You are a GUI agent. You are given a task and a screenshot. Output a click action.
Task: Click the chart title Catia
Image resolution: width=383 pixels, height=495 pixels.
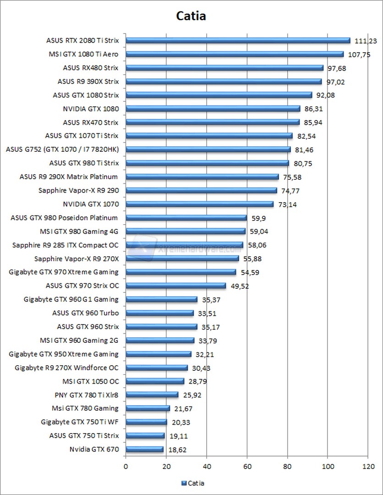191,16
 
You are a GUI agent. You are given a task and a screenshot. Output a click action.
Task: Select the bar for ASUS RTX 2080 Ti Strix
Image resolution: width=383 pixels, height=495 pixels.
238,40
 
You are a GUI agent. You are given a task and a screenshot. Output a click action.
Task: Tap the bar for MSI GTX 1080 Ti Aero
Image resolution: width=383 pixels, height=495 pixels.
234,54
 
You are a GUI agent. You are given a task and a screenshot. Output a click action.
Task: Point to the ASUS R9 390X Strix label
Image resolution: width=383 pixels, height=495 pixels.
88,82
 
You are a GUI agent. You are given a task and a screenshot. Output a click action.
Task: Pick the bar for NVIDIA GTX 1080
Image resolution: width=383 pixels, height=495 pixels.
213,109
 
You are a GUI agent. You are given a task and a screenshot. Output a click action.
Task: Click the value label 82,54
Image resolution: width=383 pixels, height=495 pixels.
306,136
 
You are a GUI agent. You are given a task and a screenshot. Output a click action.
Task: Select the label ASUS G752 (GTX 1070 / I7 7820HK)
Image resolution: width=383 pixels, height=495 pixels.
62,149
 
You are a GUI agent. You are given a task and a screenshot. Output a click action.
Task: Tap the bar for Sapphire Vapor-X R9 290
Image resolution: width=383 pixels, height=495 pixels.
201,190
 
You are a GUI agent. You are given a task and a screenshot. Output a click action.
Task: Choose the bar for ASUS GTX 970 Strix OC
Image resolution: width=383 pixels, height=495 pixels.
175,286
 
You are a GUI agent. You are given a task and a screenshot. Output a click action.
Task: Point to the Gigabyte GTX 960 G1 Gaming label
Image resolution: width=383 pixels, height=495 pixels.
71,299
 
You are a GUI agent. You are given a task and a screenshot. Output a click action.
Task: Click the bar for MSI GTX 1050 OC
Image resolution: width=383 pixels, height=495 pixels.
155,381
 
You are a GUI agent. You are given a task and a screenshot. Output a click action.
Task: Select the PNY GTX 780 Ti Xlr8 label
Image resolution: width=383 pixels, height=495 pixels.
86,395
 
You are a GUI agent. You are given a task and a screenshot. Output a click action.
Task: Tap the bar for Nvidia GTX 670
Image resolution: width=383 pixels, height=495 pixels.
144,449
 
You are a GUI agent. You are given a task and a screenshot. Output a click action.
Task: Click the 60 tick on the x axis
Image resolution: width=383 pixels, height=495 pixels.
247,467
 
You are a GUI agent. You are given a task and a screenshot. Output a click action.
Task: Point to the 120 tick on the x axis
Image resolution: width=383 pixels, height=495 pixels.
368,467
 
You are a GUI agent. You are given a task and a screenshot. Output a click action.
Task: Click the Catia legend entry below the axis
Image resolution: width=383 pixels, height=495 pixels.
193,483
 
